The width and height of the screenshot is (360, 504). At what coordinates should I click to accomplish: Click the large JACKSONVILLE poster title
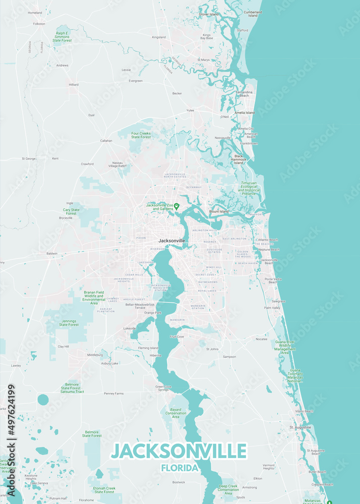[179, 451]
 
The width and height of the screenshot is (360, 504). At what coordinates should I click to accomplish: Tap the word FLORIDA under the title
[179, 468]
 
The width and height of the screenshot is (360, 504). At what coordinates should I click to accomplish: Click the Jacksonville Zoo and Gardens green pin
[176, 206]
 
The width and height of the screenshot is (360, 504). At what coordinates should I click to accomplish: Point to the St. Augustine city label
[300, 427]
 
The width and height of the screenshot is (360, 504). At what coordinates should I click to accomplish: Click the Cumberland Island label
[253, 14]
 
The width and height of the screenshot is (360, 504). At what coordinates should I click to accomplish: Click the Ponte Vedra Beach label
[273, 280]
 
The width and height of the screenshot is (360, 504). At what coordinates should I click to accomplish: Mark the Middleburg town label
[95, 355]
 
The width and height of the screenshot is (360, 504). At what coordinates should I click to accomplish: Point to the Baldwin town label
[51, 254]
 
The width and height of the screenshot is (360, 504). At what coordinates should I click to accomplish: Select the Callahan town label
[106, 141]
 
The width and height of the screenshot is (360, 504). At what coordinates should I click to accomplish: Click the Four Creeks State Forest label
[141, 135]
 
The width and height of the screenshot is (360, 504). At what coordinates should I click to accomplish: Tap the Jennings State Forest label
[69, 323]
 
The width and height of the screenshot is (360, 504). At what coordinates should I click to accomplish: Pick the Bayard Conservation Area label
[175, 413]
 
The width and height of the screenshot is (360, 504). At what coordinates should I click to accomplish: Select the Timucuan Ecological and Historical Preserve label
[249, 188]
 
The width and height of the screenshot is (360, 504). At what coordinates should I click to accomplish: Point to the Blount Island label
[219, 212]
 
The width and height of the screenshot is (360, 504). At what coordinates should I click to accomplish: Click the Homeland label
[35, 13]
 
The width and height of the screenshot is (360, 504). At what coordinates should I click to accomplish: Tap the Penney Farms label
[113, 393]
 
